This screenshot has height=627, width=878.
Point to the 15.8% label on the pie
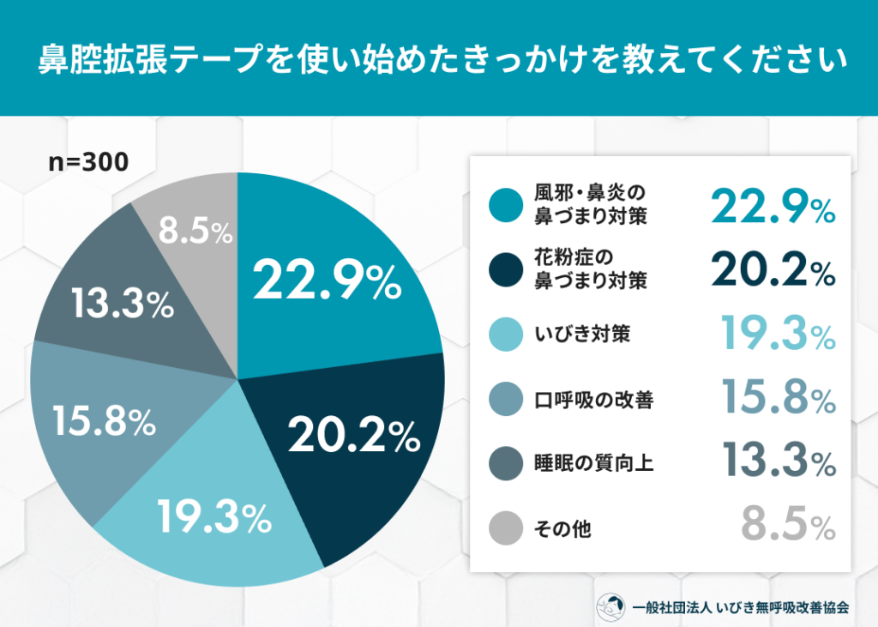pos(103,420)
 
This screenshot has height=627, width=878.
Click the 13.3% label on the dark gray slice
pos(122,304)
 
